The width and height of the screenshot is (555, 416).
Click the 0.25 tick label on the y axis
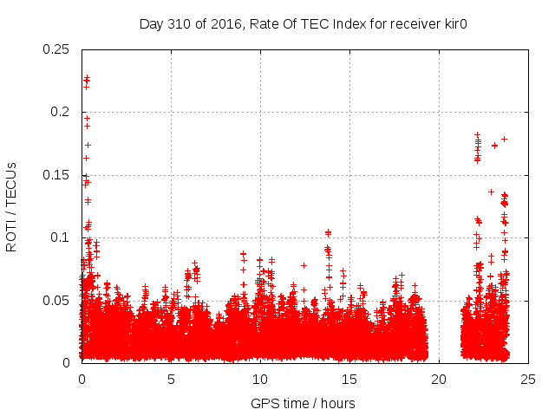[x=57, y=49]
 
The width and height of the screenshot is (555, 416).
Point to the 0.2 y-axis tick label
[x=61, y=112]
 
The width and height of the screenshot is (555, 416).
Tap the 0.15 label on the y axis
[x=57, y=175]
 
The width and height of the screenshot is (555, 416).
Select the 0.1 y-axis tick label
[x=61, y=237]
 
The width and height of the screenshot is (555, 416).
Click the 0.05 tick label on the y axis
[x=57, y=300]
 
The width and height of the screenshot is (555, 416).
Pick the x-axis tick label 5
[x=171, y=379]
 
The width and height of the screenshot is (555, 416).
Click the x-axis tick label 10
[x=260, y=379]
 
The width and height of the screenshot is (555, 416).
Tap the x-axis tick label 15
[x=349, y=379]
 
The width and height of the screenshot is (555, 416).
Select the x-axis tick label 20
[x=439, y=379]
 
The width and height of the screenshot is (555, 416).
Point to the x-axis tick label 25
[x=528, y=379]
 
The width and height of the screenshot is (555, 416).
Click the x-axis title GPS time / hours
[x=303, y=403]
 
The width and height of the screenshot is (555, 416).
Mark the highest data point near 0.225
[x=87, y=79]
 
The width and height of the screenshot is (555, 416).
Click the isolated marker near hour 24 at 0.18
[x=504, y=139]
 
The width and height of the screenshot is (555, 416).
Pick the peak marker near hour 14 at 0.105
[x=328, y=232]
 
